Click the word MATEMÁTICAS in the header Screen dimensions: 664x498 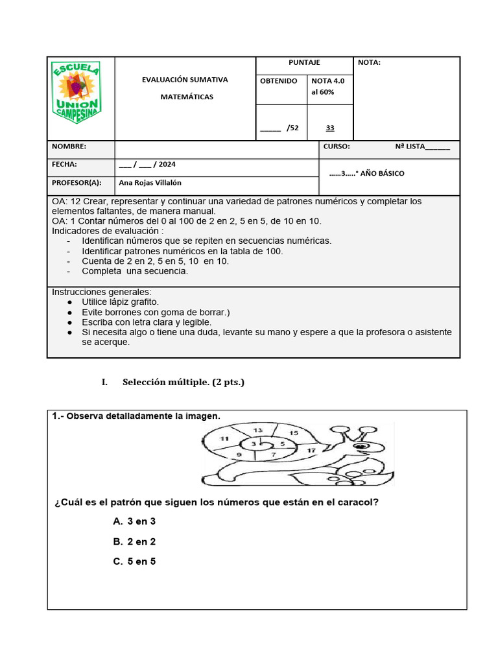[x=187, y=97]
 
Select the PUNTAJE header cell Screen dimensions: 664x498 [x=304, y=62]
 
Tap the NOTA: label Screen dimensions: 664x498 [x=369, y=62]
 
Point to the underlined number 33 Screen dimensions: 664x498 [x=330, y=128]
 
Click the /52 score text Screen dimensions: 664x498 [x=292, y=128]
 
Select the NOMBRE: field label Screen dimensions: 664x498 [x=69, y=147]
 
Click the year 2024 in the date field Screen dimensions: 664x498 [x=167, y=165]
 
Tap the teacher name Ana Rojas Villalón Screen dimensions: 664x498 [x=150, y=183]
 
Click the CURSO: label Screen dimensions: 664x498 [x=337, y=147]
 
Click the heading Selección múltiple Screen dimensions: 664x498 [x=184, y=383]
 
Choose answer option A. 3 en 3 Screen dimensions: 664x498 [x=134, y=521]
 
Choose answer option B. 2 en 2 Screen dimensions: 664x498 [x=134, y=541]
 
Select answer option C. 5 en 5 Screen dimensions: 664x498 [x=134, y=562]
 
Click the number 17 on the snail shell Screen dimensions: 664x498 [x=311, y=450]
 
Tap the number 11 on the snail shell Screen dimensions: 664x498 [x=224, y=439]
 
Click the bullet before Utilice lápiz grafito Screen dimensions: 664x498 [x=70, y=302]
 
